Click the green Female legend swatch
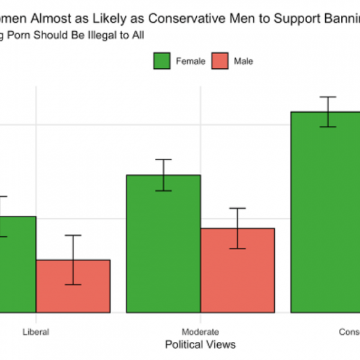[162, 61]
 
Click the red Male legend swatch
[220, 61]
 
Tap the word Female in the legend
[190, 61]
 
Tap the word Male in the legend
[243, 61]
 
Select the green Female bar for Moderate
[163, 252]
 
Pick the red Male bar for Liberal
[73, 288]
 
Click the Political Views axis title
[200, 344]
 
